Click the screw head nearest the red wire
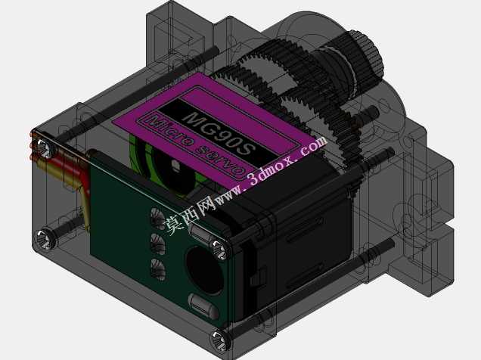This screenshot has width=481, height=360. pyautogui.click(x=44, y=148)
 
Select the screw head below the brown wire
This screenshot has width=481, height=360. pyautogui.click(x=45, y=239)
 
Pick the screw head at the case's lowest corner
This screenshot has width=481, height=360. pyautogui.click(x=220, y=340)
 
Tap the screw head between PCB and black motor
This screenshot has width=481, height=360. pyautogui.click(x=220, y=250)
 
